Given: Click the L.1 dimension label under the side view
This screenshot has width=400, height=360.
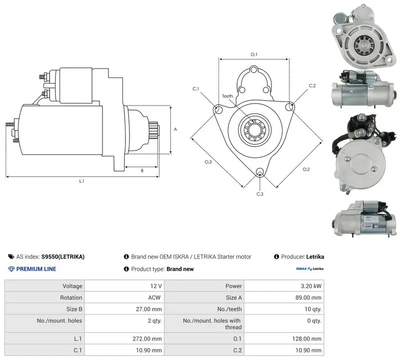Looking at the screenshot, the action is (x=81, y=181).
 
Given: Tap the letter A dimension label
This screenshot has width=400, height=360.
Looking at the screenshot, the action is (x=175, y=129).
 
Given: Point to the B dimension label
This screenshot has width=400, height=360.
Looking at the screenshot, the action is (x=142, y=170).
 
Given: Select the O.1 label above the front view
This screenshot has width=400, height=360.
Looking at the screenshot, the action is (x=254, y=54).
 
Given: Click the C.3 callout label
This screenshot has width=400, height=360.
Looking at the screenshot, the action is (x=259, y=194).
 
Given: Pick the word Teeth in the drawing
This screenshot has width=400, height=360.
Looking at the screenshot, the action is (x=227, y=96).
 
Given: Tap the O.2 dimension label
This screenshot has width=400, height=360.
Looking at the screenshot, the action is (x=306, y=169).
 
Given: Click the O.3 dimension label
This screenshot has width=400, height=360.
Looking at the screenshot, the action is (x=208, y=162).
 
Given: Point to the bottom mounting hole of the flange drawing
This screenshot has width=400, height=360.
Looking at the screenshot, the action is (x=259, y=171).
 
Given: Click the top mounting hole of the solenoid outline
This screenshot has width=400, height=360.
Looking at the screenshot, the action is (x=254, y=69).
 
